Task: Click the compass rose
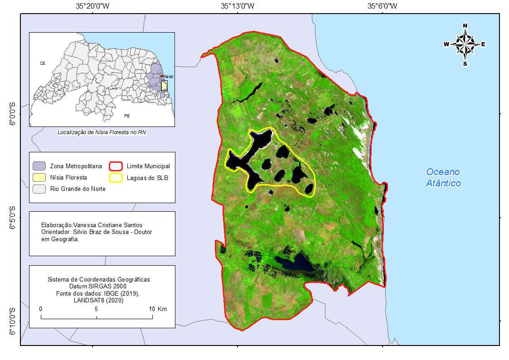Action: click(465, 44)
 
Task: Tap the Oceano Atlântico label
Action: click(443, 177)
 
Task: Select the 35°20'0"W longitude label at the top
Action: click(92, 6)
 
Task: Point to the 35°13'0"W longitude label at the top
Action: click(238, 6)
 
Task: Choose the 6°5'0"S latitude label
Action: click(13, 218)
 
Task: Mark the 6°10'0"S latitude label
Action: click(13, 321)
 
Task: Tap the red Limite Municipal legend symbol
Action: click(116, 166)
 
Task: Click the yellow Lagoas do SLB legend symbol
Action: click(116, 178)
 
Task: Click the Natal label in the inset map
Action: click(168, 76)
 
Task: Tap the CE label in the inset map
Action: click(43, 63)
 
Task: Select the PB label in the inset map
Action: click(126, 116)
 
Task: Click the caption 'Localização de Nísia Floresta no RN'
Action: click(102, 132)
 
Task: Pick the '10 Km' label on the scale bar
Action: click(159, 309)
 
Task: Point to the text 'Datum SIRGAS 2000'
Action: click(98, 286)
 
